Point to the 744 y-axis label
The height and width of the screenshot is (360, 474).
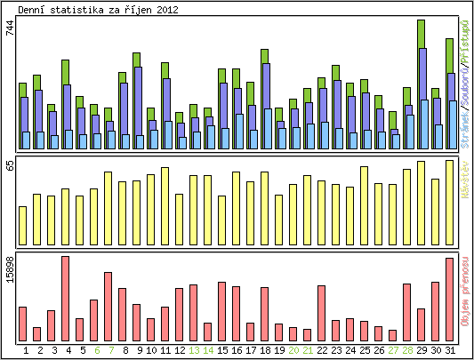pos(10,28)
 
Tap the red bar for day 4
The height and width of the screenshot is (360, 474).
pos(65,298)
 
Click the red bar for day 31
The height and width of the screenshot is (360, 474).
pos(449,299)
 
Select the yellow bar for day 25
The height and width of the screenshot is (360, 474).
pos(364,204)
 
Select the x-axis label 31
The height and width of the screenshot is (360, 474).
pos(449,350)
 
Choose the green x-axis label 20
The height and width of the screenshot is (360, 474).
pos(293,350)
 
